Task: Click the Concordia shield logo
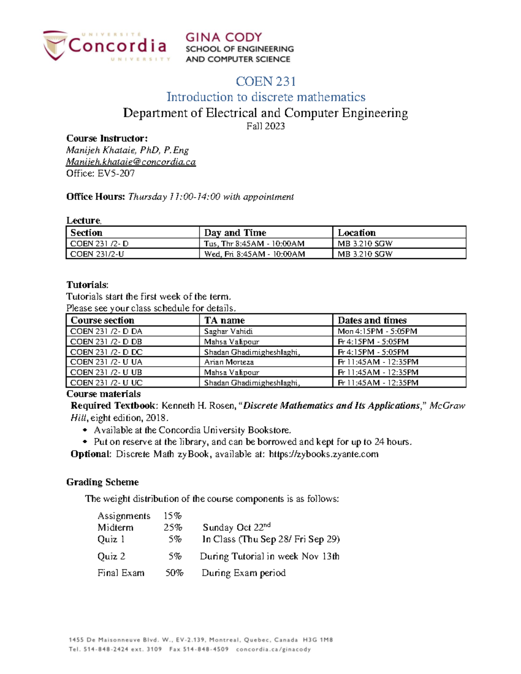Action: pos(55,45)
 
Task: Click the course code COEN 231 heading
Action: pos(266,81)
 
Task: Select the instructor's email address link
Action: pos(131,162)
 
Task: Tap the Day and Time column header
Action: pos(235,233)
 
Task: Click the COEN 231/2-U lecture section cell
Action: pos(97,254)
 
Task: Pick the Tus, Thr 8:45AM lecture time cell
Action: pos(254,243)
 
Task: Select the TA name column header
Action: pos(224,320)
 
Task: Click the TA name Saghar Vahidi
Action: pos(228,331)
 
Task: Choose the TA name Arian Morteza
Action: pos(229,362)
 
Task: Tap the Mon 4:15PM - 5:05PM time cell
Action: pos(377,331)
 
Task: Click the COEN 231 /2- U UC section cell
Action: pos(106,383)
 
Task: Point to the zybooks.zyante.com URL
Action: pos(323,454)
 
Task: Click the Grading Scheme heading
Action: pos(102,482)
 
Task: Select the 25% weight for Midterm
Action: pos(172,528)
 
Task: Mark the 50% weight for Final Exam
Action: pos(174,573)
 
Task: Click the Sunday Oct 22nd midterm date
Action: pos(236,528)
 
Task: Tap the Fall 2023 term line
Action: pos(266,126)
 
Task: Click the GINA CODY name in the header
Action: pos(224,37)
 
